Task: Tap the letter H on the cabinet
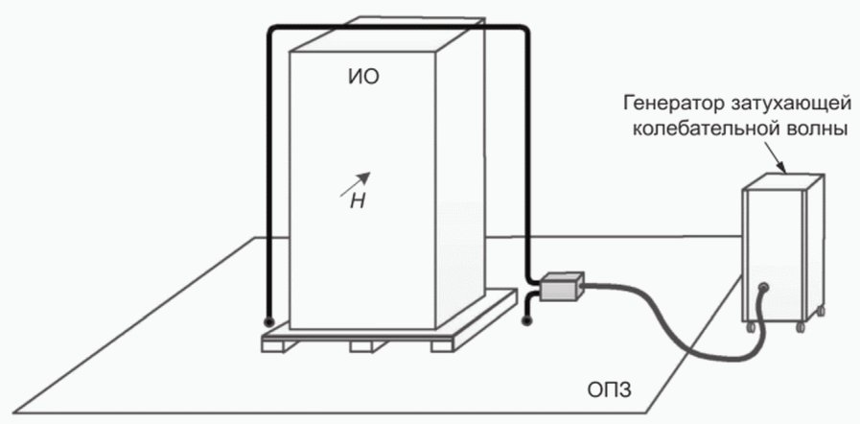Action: pos(357,200)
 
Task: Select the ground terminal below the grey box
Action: pos(525,321)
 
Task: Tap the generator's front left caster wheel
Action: pos(751,329)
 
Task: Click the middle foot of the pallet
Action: pos(360,345)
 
